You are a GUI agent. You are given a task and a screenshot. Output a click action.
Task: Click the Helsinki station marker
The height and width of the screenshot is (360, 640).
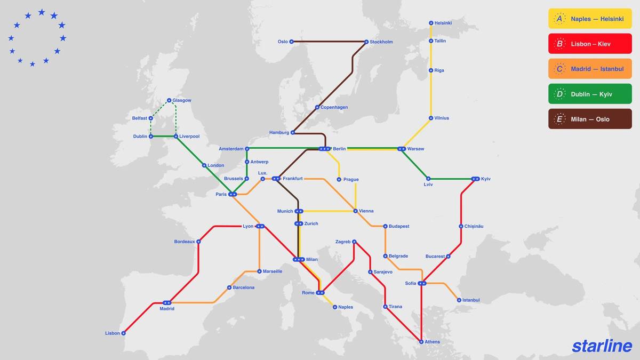point(431,23)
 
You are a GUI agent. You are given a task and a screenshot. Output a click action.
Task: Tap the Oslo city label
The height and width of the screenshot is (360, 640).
point(283,42)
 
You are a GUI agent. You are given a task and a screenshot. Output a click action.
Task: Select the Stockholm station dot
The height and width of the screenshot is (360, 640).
point(366,42)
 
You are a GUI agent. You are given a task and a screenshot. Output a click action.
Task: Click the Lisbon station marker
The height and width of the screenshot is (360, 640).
point(123,333)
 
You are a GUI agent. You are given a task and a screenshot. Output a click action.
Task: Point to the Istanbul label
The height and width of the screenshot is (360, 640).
point(471,300)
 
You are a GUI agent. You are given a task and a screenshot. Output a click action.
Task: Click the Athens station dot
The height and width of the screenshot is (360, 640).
point(421,342)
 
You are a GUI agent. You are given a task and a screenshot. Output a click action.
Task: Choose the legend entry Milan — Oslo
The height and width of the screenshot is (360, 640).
point(590,119)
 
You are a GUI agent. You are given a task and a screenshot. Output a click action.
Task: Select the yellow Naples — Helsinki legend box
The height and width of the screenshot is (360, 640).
point(590,19)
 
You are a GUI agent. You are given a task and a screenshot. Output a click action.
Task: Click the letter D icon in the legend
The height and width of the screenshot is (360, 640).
point(559,94)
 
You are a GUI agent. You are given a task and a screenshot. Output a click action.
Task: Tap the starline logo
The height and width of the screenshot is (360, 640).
point(602,346)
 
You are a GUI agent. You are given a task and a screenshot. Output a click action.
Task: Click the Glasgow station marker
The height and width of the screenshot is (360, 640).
point(169,100)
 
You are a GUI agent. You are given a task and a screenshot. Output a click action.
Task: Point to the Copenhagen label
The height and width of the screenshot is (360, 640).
point(334,107)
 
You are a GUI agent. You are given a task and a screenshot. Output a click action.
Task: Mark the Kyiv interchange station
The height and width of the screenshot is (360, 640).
point(475,179)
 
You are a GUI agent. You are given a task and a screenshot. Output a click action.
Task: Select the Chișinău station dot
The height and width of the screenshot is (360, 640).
point(461,226)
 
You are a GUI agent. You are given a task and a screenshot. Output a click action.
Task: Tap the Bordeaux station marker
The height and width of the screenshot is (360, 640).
point(198,242)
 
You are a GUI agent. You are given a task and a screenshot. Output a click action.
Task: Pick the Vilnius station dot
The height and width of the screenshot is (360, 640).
point(431,118)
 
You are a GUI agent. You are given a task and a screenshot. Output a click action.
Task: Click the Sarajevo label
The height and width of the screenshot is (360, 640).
point(383,272)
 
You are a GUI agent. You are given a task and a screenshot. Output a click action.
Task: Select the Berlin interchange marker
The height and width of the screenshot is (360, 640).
point(324,149)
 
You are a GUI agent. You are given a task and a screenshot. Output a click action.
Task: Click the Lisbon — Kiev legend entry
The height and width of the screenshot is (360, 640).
point(590,44)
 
